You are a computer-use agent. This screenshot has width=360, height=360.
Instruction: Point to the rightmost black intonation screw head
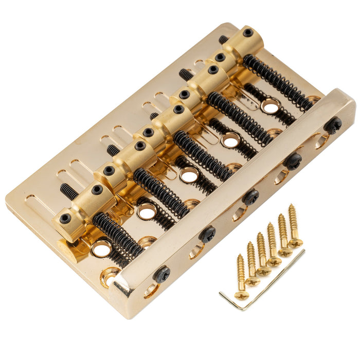(333, 124)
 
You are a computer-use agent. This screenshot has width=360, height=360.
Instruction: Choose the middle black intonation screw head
(251, 196)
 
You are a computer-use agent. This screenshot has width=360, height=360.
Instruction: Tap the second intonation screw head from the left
(208, 234)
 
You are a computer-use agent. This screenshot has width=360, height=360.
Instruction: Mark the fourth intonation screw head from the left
(294, 160)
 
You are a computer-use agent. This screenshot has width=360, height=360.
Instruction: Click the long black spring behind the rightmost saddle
(278, 82)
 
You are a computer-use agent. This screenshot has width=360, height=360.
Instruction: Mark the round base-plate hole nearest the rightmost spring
(269, 107)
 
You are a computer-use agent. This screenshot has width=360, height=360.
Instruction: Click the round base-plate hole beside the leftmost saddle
(101, 248)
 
